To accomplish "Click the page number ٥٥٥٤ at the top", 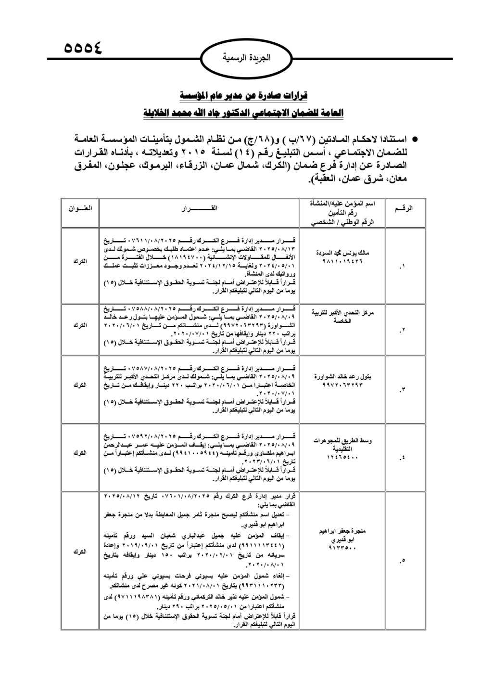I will (83, 49).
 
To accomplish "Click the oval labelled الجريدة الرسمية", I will (247, 58).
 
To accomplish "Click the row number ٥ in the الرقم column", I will (403, 560).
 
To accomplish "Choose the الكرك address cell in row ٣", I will (80, 385).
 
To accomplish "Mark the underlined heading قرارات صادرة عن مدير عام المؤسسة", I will (243, 95).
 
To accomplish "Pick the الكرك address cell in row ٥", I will (80, 552).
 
